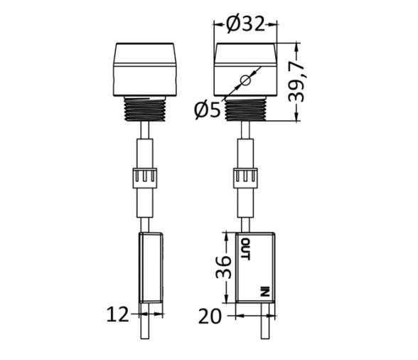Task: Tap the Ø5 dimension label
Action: coord(208,109)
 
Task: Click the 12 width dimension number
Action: coord(118,314)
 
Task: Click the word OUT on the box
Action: coord(245,248)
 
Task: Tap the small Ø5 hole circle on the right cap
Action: coord(245,80)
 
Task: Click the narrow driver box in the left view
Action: coord(151,266)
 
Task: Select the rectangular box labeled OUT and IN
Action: coord(255,268)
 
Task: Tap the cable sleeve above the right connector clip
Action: coord(245,153)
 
